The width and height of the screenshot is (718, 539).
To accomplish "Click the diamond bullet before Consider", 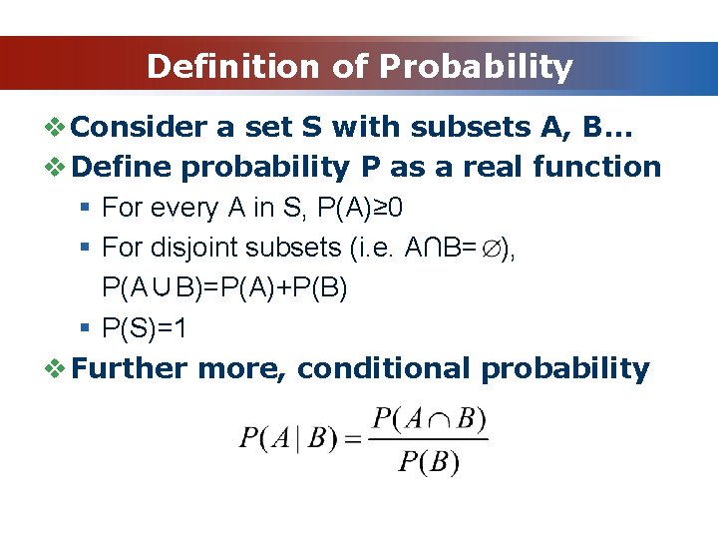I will [57, 127].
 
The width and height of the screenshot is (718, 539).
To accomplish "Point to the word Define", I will [122, 167].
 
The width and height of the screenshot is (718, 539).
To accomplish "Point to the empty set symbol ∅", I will [496, 249].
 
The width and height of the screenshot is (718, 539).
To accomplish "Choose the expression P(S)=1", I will [146, 328].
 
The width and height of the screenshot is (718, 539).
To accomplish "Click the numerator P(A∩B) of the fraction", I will [429, 418].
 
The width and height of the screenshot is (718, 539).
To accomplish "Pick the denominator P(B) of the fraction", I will [429, 461].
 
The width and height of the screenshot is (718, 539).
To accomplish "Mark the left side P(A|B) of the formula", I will [287, 439].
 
